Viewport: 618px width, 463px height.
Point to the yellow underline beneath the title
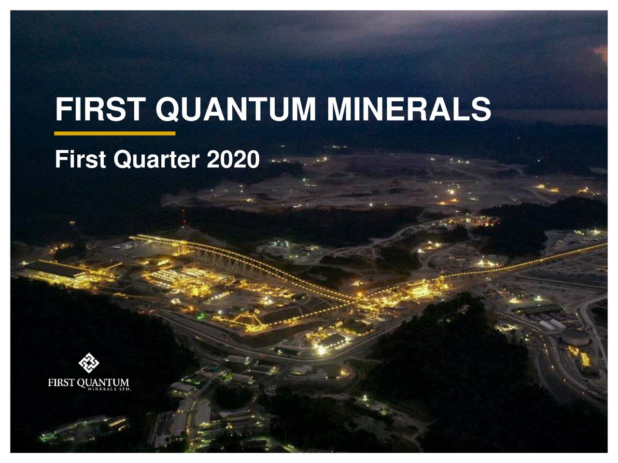coord(115,133)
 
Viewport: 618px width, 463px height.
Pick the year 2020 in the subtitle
coord(233,159)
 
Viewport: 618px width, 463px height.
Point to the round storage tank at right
coord(575,337)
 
